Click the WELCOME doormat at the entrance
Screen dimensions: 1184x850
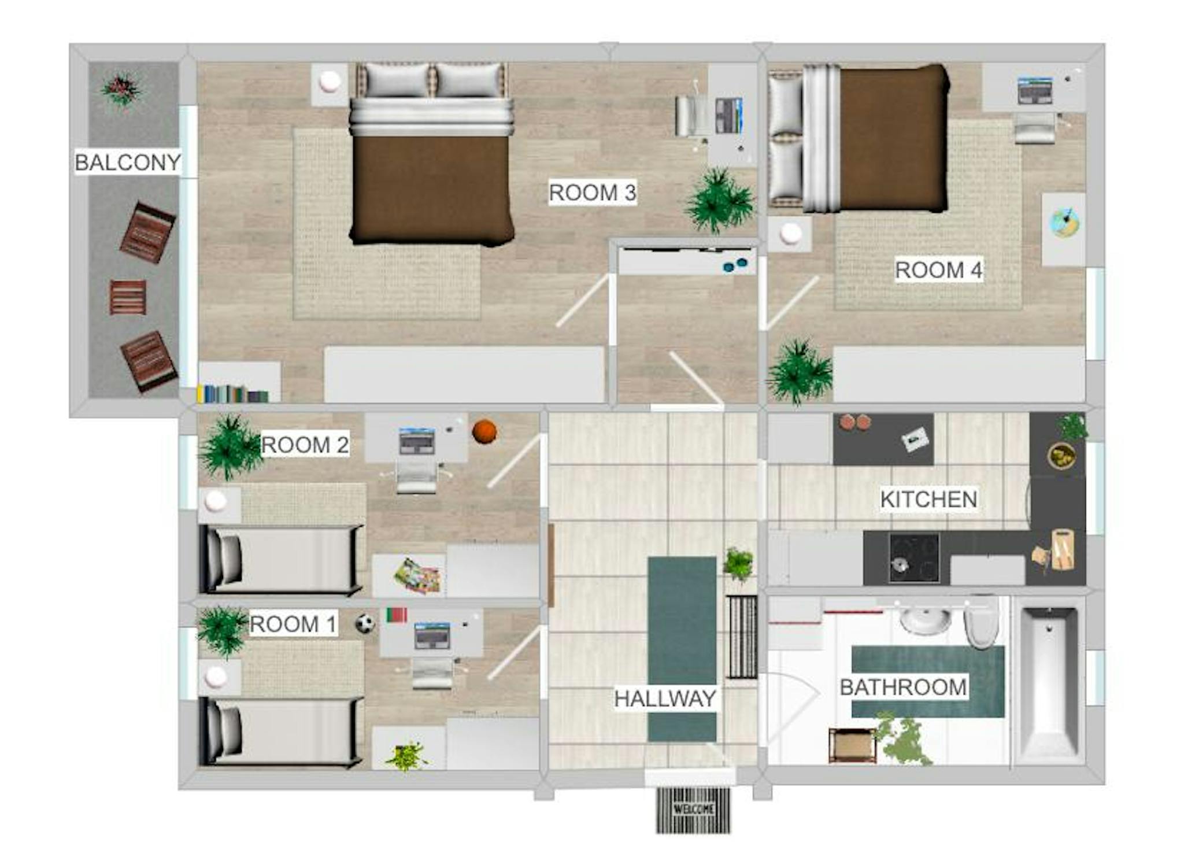(693, 809)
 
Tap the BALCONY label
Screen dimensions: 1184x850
(128, 162)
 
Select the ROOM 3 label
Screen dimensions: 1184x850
(592, 193)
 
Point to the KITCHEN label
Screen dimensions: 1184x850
(928, 499)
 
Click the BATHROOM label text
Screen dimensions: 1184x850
(903, 687)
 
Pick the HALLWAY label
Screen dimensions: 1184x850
(665, 699)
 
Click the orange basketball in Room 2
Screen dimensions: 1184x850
(484, 431)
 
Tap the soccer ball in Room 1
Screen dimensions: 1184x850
(365, 623)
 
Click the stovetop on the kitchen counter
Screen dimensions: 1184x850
(914, 557)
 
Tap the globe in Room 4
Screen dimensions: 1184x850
(1064, 223)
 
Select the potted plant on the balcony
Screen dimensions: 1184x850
(120, 90)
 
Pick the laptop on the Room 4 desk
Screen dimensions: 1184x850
(1034, 91)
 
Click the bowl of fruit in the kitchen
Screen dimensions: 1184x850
(1061, 455)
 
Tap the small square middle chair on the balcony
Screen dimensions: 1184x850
(128, 297)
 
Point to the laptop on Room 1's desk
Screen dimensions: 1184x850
(432, 635)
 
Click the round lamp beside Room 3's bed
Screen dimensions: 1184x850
(330, 81)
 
